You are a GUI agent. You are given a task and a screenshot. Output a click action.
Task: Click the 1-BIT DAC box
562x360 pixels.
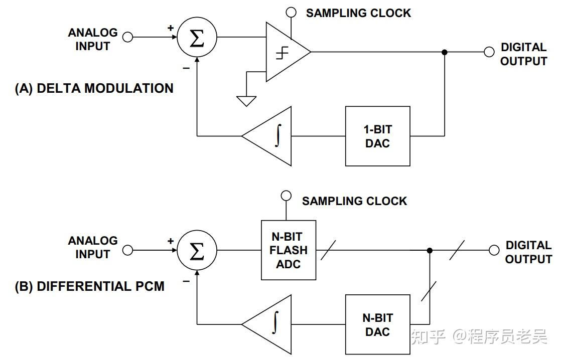[377, 136]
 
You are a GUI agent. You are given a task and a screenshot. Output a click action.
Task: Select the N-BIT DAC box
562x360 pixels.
[377, 324]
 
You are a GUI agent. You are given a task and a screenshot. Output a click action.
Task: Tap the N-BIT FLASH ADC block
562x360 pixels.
[289, 250]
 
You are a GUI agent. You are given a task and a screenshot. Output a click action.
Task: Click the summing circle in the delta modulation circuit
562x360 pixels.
[197, 38]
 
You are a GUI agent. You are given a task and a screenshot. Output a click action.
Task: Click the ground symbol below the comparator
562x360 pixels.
[246, 101]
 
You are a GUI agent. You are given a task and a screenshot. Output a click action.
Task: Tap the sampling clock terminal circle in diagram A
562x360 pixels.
[291, 12]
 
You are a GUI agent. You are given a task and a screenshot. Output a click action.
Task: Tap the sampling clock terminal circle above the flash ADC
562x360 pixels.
[286, 195]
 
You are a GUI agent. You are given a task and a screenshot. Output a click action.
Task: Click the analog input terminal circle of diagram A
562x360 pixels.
[128, 37]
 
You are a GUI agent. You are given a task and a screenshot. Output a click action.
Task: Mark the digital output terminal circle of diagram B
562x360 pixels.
[494, 250]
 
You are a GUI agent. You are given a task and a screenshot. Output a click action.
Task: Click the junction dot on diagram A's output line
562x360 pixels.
[444, 52]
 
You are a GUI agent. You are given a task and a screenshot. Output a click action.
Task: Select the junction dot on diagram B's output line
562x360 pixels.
[430, 250]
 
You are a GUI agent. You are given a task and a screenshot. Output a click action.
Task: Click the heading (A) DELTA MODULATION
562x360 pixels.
[94, 89]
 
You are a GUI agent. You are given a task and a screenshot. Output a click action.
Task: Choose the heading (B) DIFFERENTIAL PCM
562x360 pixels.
[90, 287]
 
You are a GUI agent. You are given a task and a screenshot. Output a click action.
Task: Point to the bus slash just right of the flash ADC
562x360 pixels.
[329, 250]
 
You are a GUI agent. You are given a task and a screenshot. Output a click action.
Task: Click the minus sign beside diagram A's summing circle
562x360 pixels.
[186, 68]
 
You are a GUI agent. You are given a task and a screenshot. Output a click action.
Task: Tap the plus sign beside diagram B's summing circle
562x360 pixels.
[171, 241]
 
